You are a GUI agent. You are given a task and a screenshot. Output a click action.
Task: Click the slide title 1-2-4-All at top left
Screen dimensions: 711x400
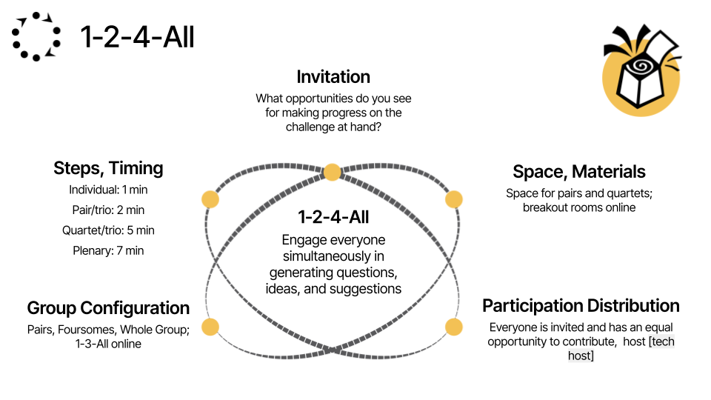[x=138, y=37]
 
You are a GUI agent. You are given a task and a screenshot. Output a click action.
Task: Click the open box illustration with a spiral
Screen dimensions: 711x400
[x=641, y=70]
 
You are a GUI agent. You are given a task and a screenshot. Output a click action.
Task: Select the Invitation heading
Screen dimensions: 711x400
[x=333, y=76]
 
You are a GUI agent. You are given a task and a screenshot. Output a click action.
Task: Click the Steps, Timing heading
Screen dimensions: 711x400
[x=108, y=168]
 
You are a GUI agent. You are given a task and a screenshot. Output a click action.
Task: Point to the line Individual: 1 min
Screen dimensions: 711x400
[x=108, y=190]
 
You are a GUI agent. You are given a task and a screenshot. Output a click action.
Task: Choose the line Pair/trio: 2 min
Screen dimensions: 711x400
[x=108, y=210]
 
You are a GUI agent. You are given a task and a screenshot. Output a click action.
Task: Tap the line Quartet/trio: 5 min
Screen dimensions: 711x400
[x=108, y=230]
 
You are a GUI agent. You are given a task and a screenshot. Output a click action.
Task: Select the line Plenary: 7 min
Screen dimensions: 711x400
[x=108, y=250]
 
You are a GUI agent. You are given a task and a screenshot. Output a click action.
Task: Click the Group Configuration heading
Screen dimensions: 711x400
[x=108, y=308]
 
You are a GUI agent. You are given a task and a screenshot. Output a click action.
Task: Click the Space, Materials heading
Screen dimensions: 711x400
[x=579, y=172]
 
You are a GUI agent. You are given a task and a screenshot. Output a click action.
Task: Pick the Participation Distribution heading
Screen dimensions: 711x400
[x=581, y=306]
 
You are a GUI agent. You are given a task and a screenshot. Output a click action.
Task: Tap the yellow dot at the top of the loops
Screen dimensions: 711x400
[x=332, y=173]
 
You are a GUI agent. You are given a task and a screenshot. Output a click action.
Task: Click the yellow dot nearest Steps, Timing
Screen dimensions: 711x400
[x=210, y=199]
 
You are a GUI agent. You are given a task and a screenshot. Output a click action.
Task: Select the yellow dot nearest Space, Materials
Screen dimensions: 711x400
[x=454, y=199]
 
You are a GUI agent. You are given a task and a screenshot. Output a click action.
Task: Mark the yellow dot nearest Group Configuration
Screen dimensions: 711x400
[x=210, y=327]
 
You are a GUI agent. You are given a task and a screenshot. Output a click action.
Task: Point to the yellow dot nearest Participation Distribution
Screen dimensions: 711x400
[x=454, y=327]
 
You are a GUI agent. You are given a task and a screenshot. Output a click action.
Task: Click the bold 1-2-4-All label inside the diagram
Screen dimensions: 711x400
[x=333, y=217]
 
